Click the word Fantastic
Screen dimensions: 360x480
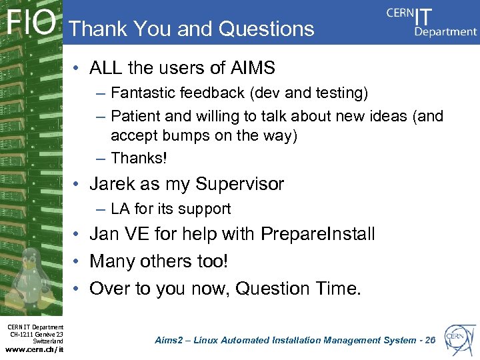tap(145, 92)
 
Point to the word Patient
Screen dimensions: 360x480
tap(136, 116)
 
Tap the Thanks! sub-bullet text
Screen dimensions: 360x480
tap(138, 158)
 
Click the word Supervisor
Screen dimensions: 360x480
tap(238, 184)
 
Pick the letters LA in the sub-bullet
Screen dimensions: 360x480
tap(121, 209)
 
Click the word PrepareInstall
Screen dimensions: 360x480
tap(318, 235)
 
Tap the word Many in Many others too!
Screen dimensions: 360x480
tap(111, 261)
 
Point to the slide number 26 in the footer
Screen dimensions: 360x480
tap(429, 340)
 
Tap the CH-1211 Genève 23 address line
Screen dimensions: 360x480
tap(36, 334)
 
